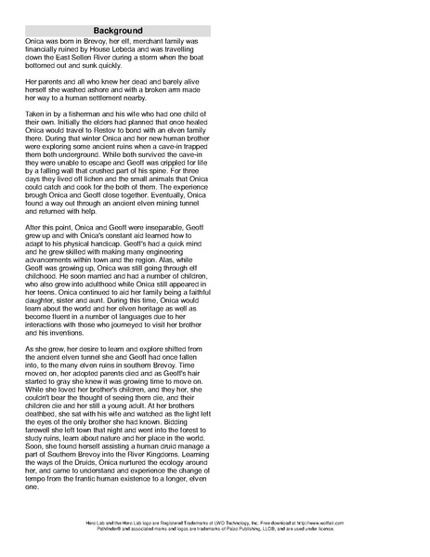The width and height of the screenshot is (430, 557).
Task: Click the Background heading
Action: [x=115, y=30]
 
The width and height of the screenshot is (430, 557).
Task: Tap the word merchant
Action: [x=145, y=44]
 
